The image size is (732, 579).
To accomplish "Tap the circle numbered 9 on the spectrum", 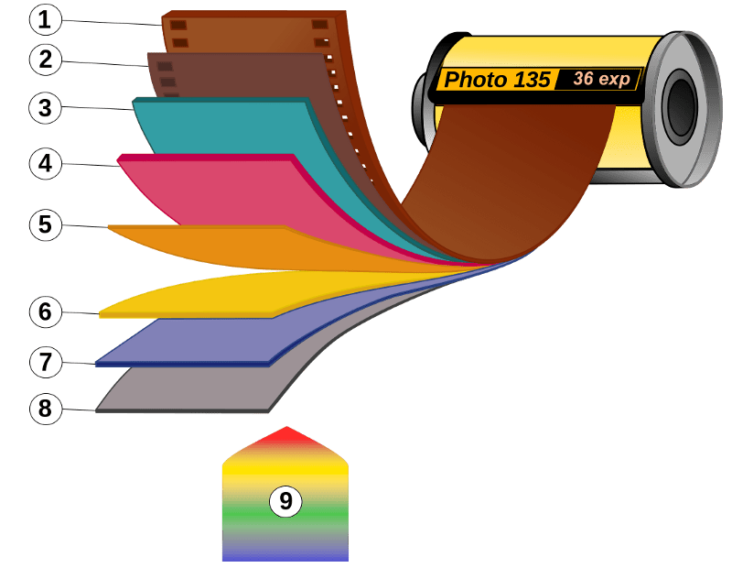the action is [x=285, y=501].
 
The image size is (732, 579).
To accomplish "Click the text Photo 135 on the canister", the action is [x=498, y=80].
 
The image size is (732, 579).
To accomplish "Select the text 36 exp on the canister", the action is [x=601, y=79].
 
